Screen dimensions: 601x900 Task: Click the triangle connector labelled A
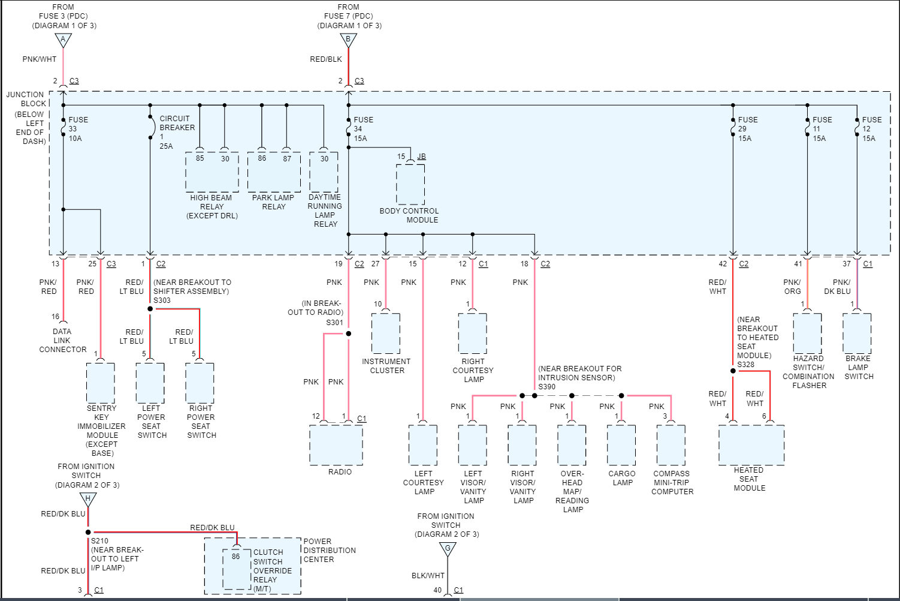point(63,40)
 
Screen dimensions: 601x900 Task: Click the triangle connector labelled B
point(348,40)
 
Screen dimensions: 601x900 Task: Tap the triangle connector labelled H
point(88,499)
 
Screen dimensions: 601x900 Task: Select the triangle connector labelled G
point(448,548)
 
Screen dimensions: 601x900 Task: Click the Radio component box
point(336,444)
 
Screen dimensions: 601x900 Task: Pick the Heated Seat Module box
point(751,445)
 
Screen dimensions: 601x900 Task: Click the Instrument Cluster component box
point(386,333)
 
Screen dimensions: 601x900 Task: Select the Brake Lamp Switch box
point(857,333)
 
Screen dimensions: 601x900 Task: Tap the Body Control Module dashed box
point(410,185)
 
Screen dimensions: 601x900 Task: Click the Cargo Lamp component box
point(621,445)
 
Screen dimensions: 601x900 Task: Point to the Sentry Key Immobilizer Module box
point(101,383)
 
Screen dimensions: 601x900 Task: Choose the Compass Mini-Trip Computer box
point(671,445)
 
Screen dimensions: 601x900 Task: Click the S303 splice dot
point(150,309)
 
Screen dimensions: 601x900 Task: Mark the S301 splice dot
point(348,333)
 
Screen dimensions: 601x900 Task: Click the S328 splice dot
point(733,371)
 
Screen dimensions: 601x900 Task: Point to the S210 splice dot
point(88,532)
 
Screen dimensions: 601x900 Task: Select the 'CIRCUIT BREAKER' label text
point(177,123)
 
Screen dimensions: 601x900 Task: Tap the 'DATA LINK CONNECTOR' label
point(62,340)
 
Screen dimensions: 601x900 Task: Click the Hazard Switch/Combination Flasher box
point(807,333)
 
